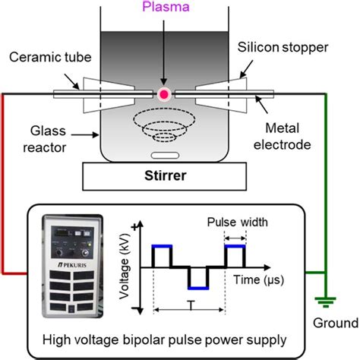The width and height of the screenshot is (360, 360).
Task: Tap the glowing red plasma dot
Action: (x=164, y=93)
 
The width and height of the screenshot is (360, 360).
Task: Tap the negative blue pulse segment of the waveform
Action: (x=199, y=288)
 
